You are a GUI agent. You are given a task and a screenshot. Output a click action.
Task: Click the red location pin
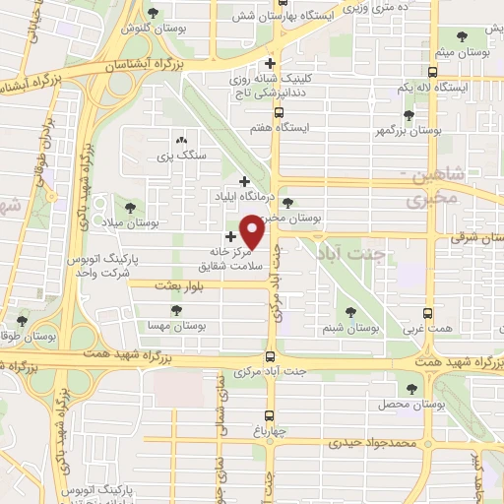click(x=254, y=233)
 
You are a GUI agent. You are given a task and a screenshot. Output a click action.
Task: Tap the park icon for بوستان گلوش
click(x=153, y=13)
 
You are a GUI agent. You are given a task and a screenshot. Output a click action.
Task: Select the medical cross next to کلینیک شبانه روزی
click(x=283, y=64)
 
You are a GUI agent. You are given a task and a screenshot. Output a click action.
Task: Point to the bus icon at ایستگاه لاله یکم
click(x=432, y=72)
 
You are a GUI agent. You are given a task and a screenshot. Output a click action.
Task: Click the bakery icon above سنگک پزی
click(x=180, y=140)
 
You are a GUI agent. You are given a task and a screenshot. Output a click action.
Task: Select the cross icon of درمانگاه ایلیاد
click(x=245, y=181)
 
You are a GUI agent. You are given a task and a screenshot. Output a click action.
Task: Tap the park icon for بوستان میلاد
click(x=131, y=207)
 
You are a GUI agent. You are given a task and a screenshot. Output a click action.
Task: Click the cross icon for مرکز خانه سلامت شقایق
click(x=231, y=236)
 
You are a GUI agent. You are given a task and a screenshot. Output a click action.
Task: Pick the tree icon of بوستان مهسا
click(x=175, y=309)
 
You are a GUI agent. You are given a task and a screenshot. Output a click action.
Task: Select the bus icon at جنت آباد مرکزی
click(x=271, y=357)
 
